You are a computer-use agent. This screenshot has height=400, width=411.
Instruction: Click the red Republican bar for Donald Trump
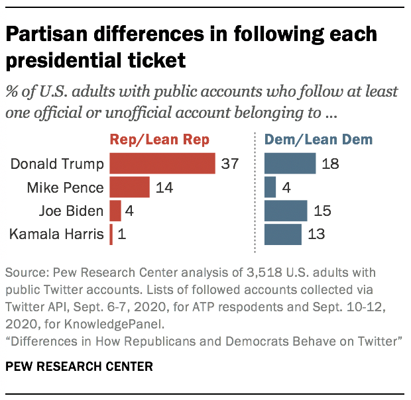click(x=162, y=164)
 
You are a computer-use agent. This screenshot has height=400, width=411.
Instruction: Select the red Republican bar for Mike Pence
click(x=129, y=187)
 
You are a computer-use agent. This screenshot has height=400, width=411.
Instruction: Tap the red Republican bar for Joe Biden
click(x=115, y=211)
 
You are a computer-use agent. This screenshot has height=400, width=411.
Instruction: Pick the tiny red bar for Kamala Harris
click(x=111, y=234)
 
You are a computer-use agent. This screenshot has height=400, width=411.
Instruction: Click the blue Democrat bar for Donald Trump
click(x=290, y=164)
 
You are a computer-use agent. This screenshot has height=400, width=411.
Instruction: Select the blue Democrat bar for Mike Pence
click(x=270, y=187)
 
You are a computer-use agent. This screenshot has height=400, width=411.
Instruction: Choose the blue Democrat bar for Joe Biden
click(x=286, y=211)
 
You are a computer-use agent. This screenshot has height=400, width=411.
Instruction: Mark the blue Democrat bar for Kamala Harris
click(x=283, y=234)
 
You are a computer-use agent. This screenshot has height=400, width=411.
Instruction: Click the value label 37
click(x=229, y=164)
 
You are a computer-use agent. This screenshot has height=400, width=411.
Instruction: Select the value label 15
click(x=321, y=211)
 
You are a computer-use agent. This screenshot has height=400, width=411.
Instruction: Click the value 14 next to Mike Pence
click(x=164, y=187)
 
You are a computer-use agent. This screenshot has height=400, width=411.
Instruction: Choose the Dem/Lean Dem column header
click(x=318, y=140)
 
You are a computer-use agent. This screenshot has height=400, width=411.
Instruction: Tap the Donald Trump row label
click(x=58, y=164)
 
